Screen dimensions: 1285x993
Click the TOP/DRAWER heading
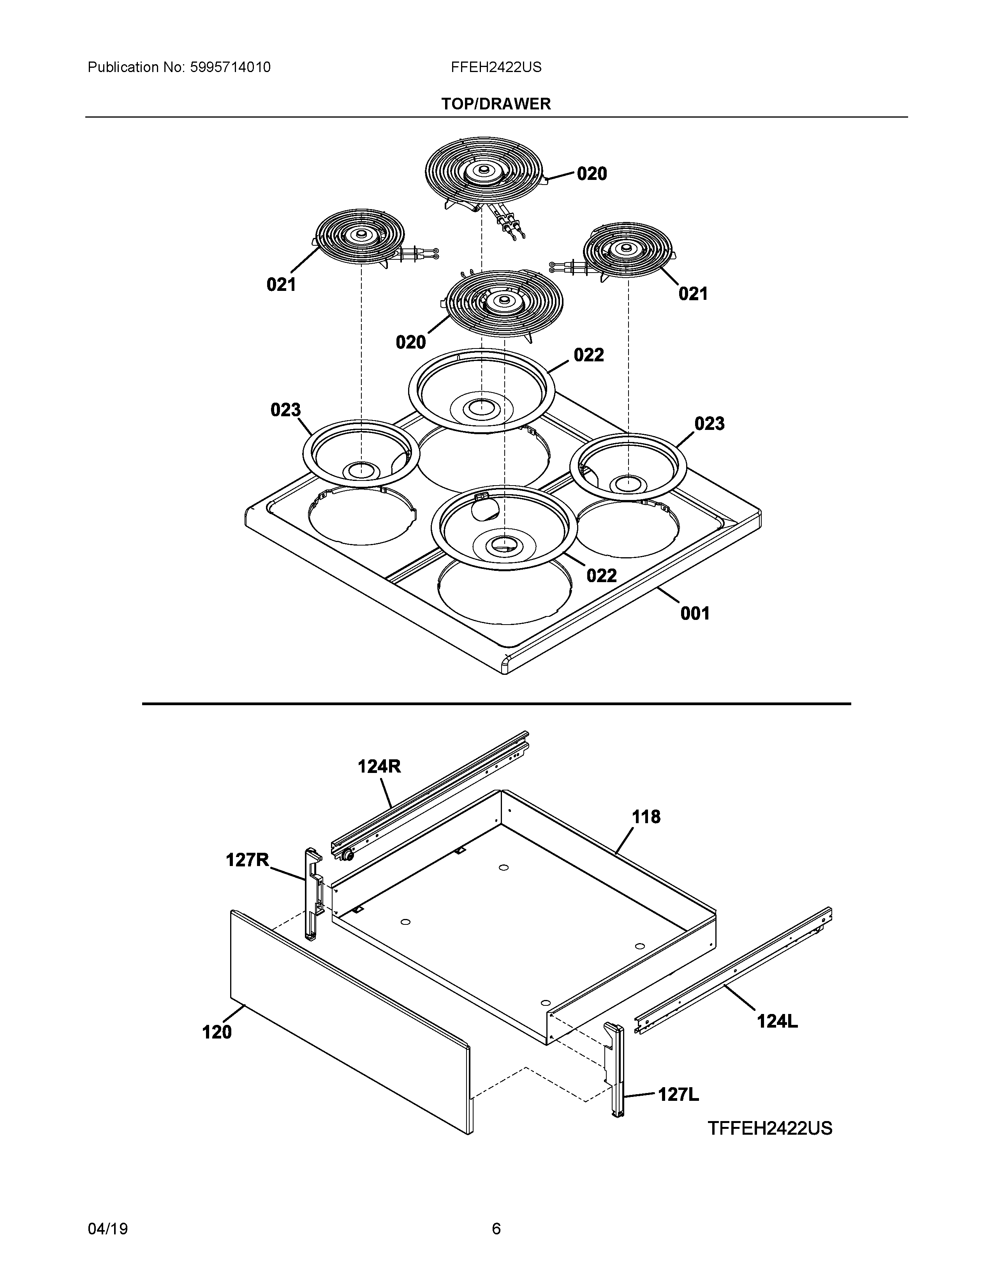(x=496, y=104)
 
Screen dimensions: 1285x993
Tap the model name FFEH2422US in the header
(x=496, y=68)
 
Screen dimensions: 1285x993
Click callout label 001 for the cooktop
(x=695, y=614)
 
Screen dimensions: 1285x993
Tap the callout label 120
(x=217, y=1032)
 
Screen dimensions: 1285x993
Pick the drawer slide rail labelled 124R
(x=430, y=794)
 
